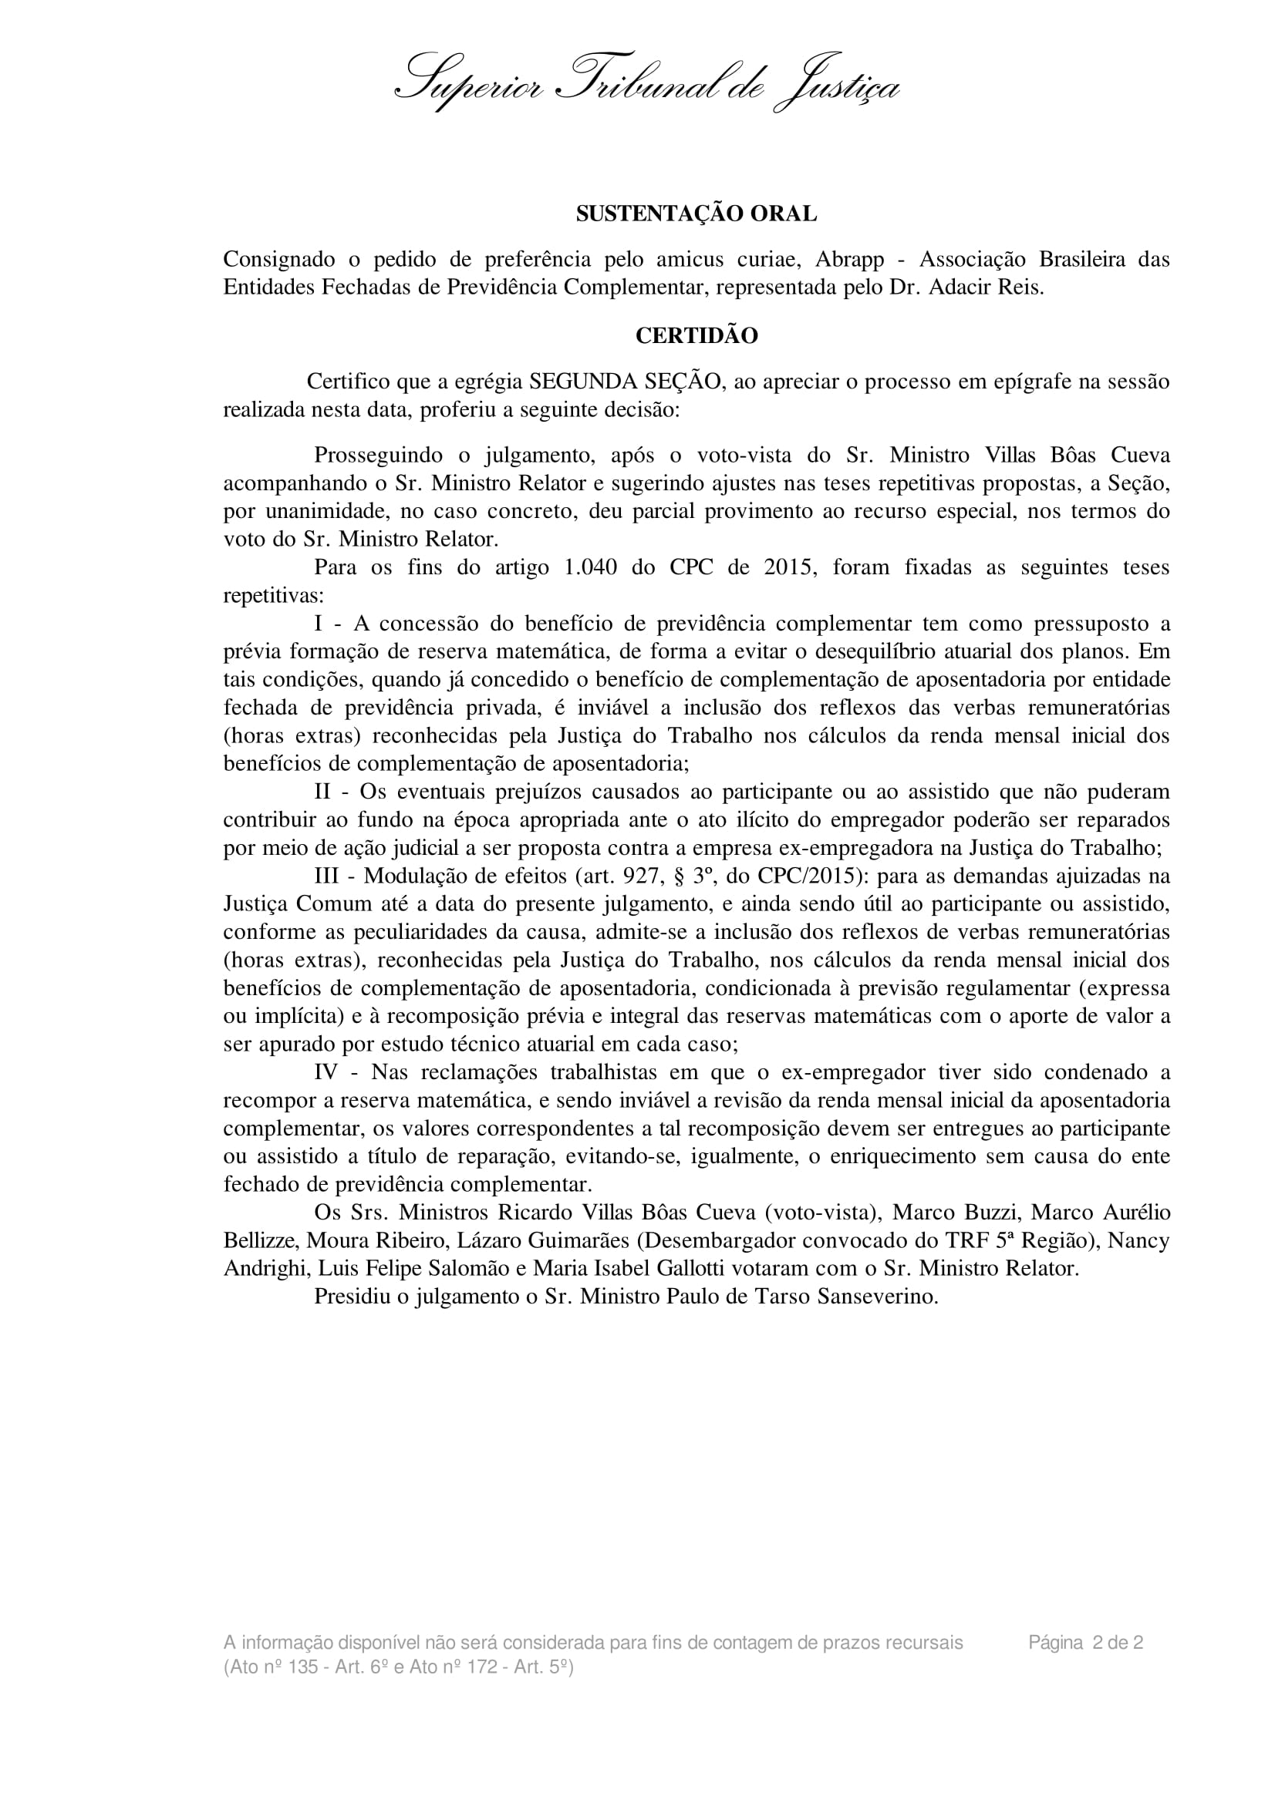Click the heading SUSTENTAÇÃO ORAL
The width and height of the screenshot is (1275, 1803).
pos(696,214)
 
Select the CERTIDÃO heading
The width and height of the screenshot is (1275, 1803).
pos(696,336)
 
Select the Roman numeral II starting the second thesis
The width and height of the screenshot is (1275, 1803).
pos(325,792)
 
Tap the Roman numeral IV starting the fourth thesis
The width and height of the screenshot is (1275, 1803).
pos(327,1073)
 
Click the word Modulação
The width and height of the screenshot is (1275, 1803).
pos(414,876)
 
